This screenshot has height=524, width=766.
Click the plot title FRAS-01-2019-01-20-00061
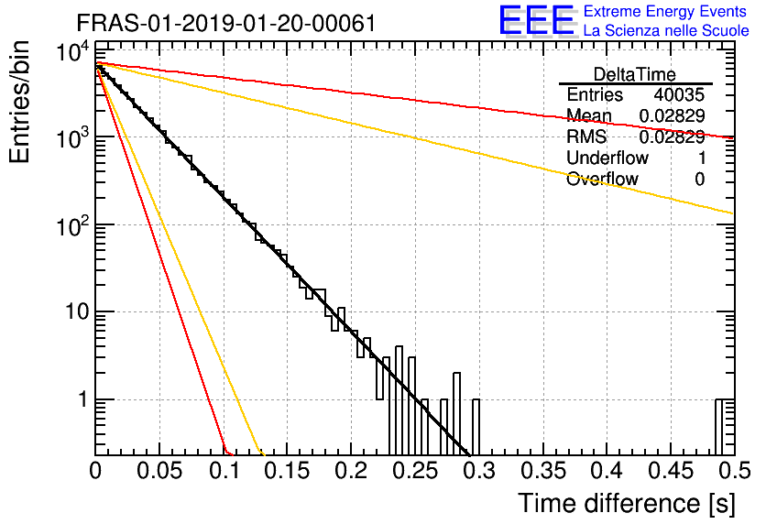click(226, 23)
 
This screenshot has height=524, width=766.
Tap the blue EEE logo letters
click(536, 20)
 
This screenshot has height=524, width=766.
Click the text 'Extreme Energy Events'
click(665, 11)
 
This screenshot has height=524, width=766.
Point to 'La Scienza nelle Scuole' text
click(666, 30)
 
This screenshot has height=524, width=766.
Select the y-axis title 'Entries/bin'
click(19, 103)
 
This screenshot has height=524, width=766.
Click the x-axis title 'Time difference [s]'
click(627, 503)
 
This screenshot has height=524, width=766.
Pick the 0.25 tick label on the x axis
click(415, 471)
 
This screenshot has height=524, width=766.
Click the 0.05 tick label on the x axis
click(159, 471)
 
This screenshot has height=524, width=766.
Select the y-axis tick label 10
click(77, 311)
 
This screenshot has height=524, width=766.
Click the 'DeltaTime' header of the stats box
click(635, 74)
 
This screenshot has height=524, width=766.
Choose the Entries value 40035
click(679, 94)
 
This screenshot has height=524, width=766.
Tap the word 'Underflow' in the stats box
click(607, 158)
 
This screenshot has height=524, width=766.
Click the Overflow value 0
click(699, 180)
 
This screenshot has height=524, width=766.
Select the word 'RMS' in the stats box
click(586, 136)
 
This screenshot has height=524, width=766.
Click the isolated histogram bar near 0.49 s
click(718, 427)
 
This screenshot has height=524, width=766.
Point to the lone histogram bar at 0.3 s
click(476, 427)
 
